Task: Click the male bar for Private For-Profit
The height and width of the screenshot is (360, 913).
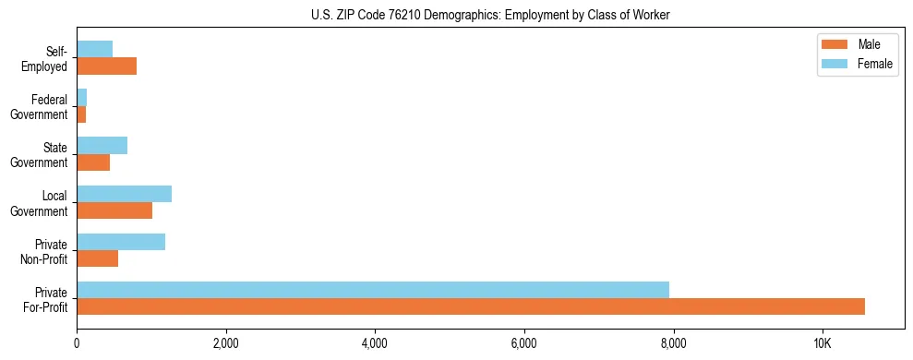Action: (x=471, y=306)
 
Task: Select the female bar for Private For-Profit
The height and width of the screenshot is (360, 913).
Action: (x=373, y=290)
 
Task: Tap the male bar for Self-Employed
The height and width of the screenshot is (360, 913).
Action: (x=106, y=66)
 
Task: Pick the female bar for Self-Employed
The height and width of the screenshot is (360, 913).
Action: (x=94, y=49)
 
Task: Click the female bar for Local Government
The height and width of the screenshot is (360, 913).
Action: (x=124, y=194)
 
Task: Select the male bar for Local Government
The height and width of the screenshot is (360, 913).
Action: (x=114, y=210)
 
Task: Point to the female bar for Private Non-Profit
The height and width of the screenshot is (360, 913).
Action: (x=121, y=242)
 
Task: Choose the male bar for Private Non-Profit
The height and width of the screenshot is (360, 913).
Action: (x=97, y=258)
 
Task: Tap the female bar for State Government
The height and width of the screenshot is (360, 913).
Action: (x=102, y=146)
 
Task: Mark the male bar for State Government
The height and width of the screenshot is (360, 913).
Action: (x=93, y=162)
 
